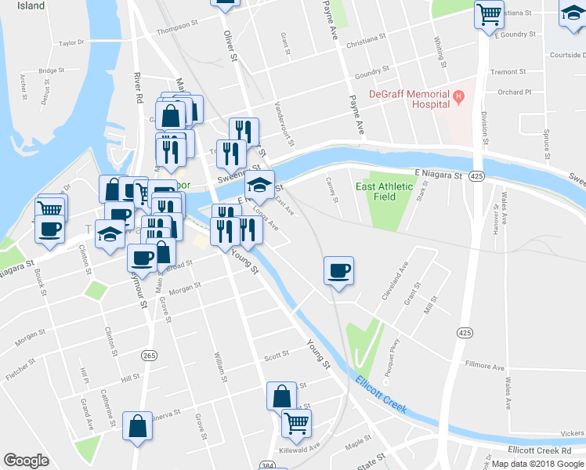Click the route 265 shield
pos(149,356)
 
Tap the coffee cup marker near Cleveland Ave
pos(338,271)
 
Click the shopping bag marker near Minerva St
pos(138,427)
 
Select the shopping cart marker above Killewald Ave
pos(296,423)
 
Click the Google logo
pos(26,461)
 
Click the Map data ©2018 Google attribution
pos(537,464)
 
